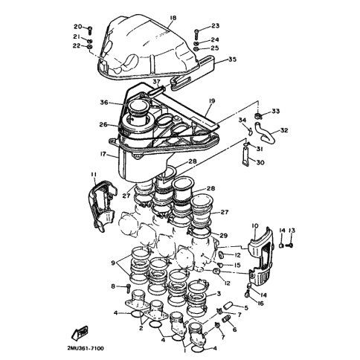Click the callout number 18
coord(173,18)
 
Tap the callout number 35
coord(232,60)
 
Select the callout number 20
coord(77,27)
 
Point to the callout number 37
coord(156,81)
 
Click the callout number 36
coord(104,102)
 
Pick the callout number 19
coord(212,101)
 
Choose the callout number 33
coord(275,111)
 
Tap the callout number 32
coord(284,130)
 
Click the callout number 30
coord(260,162)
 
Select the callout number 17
coord(103,154)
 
